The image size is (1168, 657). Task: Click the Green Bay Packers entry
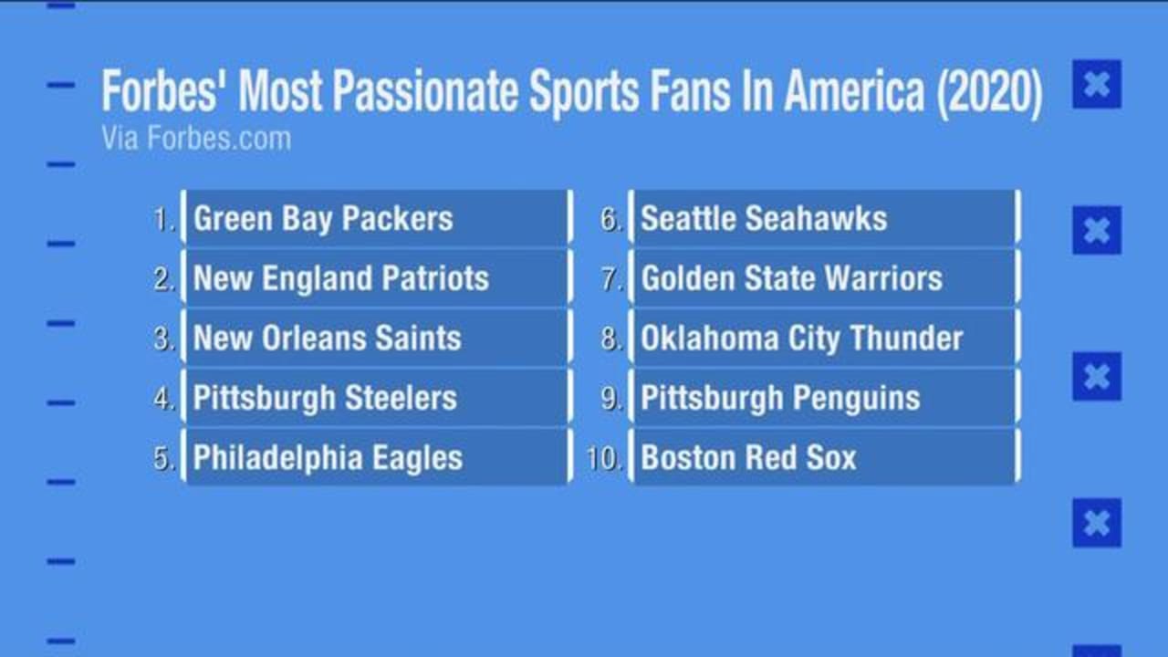pyautogui.click(x=375, y=219)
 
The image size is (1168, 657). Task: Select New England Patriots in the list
pyautogui.click(x=375, y=278)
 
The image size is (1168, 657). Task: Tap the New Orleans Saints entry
pyautogui.click(x=375, y=339)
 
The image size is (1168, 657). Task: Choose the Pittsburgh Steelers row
pyautogui.click(x=375, y=398)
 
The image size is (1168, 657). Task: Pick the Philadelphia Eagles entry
pyautogui.click(x=375, y=457)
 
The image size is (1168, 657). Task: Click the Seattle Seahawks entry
pyautogui.click(x=823, y=219)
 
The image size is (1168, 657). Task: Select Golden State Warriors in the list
pyautogui.click(x=823, y=278)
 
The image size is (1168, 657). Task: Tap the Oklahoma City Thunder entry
pyautogui.click(x=823, y=339)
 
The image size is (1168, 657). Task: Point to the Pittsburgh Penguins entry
pyautogui.click(x=823, y=398)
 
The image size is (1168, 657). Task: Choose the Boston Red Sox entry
pyautogui.click(x=823, y=457)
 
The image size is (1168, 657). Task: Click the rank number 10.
pyautogui.click(x=603, y=458)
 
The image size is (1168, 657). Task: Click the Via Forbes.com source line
pyautogui.click(x=196, y=139)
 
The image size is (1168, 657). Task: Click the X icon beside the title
pyautogui.click(x=1096, y=84)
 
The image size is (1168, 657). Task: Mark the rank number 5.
pyautogui.click(x=163, y=458)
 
